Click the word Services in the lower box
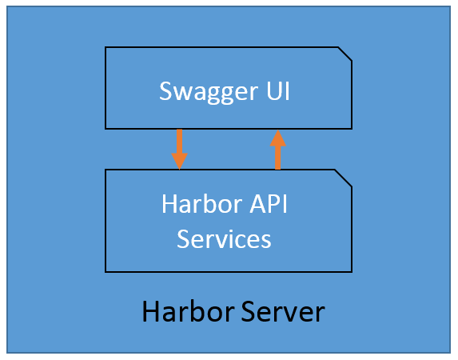tap(224, 238)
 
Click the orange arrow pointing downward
tap(180, 148)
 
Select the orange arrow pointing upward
tap(277, 150)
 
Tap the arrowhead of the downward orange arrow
tap(180, 161)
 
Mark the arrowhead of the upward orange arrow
tap(277, 138)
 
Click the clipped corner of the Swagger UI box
tap(345, 54)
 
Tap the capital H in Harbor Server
tap(150, 311)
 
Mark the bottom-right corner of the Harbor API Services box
tap(352, 271)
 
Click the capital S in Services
tap(184, 238)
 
